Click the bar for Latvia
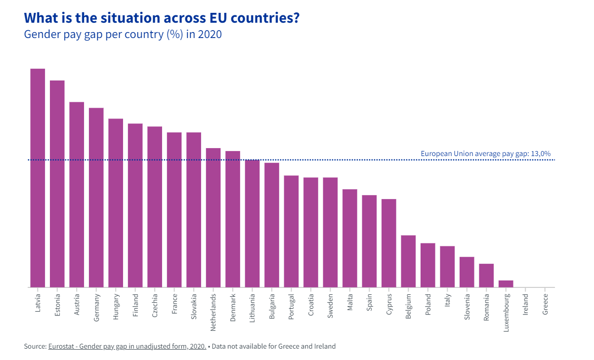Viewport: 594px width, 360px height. (x=38, y=178)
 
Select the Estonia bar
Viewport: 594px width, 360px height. (x=57, y=184)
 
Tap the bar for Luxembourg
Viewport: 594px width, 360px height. (x=506, y=284)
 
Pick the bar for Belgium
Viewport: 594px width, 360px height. (x=408, y=261)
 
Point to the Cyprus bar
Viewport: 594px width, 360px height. (x=389, y=243)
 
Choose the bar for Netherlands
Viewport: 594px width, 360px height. (x=213, y=217)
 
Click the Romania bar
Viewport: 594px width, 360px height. (x=486, y=276)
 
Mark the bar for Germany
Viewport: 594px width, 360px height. (x=96, y=198)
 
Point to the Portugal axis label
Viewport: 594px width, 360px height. (x=292, y=307)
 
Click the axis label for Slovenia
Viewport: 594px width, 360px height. (x=467, y=307)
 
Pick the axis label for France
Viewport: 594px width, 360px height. (x=174, y=304)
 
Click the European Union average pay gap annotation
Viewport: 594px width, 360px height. (x=485, y=154)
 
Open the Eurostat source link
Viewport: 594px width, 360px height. (x=127, y=346)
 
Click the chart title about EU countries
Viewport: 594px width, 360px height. (x=162, y=18)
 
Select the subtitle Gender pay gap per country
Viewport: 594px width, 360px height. (x=123, y=35)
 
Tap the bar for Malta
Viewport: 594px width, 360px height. (x=350, y=238)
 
